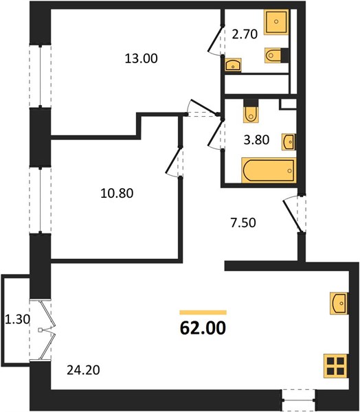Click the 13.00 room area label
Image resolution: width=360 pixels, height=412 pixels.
(x=142, y=58)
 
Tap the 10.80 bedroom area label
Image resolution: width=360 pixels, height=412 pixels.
(x=117, y=194)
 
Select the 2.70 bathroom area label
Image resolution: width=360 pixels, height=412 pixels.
(x=245, y=34)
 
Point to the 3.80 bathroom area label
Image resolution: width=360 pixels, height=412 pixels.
(x=256, y=140)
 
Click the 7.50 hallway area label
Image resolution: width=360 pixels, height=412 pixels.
(x=243, y=222)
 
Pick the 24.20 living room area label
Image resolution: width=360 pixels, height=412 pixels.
(x=83, y=370)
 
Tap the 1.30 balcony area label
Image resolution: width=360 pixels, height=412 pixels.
(x=17, y=319)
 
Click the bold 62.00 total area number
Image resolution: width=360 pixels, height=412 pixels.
(x=203, y=328)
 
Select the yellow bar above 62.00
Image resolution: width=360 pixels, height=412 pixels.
(x=203, y=312)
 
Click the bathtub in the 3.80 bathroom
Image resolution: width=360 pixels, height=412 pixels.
(x=269, y=170)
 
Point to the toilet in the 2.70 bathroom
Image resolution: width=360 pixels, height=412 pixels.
(x=275, y=55)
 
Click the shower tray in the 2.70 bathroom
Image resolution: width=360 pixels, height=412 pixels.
(x=276, y=22)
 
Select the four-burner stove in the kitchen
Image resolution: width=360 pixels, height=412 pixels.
(x=336, y=366)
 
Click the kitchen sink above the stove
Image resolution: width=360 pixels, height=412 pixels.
(x=339, y=304)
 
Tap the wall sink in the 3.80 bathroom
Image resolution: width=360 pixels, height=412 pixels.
(x=289, y=142)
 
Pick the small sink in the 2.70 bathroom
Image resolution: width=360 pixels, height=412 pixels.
(x=233, y=65)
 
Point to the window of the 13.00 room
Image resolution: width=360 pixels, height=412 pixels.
(x=40, y=76)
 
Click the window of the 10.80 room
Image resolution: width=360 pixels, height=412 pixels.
(x=40, y=200)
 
